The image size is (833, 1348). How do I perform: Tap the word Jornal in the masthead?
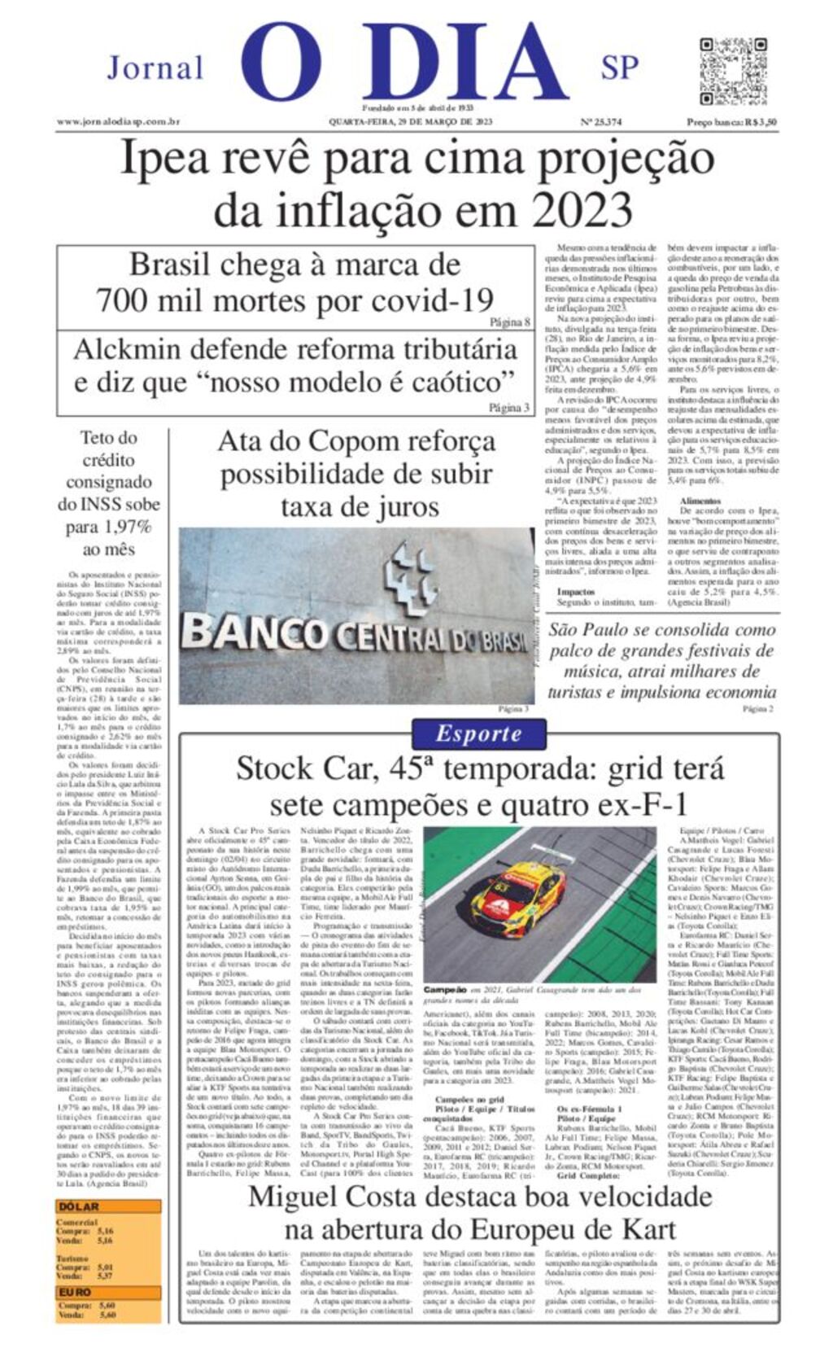pyautogui.click(x=155, y=68)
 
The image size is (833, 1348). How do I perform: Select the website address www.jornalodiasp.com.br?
pyautogui.click(x=118, y=122)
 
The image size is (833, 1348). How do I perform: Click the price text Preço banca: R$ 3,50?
pyautogui.click(x=731, y=122)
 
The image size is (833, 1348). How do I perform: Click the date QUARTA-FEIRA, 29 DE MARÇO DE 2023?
pyautogui.click(x=410, y=122)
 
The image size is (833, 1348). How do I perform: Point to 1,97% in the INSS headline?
pyautogui.click(x=120, y=527)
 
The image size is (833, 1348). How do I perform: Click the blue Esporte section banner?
pyautogui.click(x=478, y=733)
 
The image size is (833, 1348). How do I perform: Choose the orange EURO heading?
pyautogui.click(x=76, y=1292)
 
